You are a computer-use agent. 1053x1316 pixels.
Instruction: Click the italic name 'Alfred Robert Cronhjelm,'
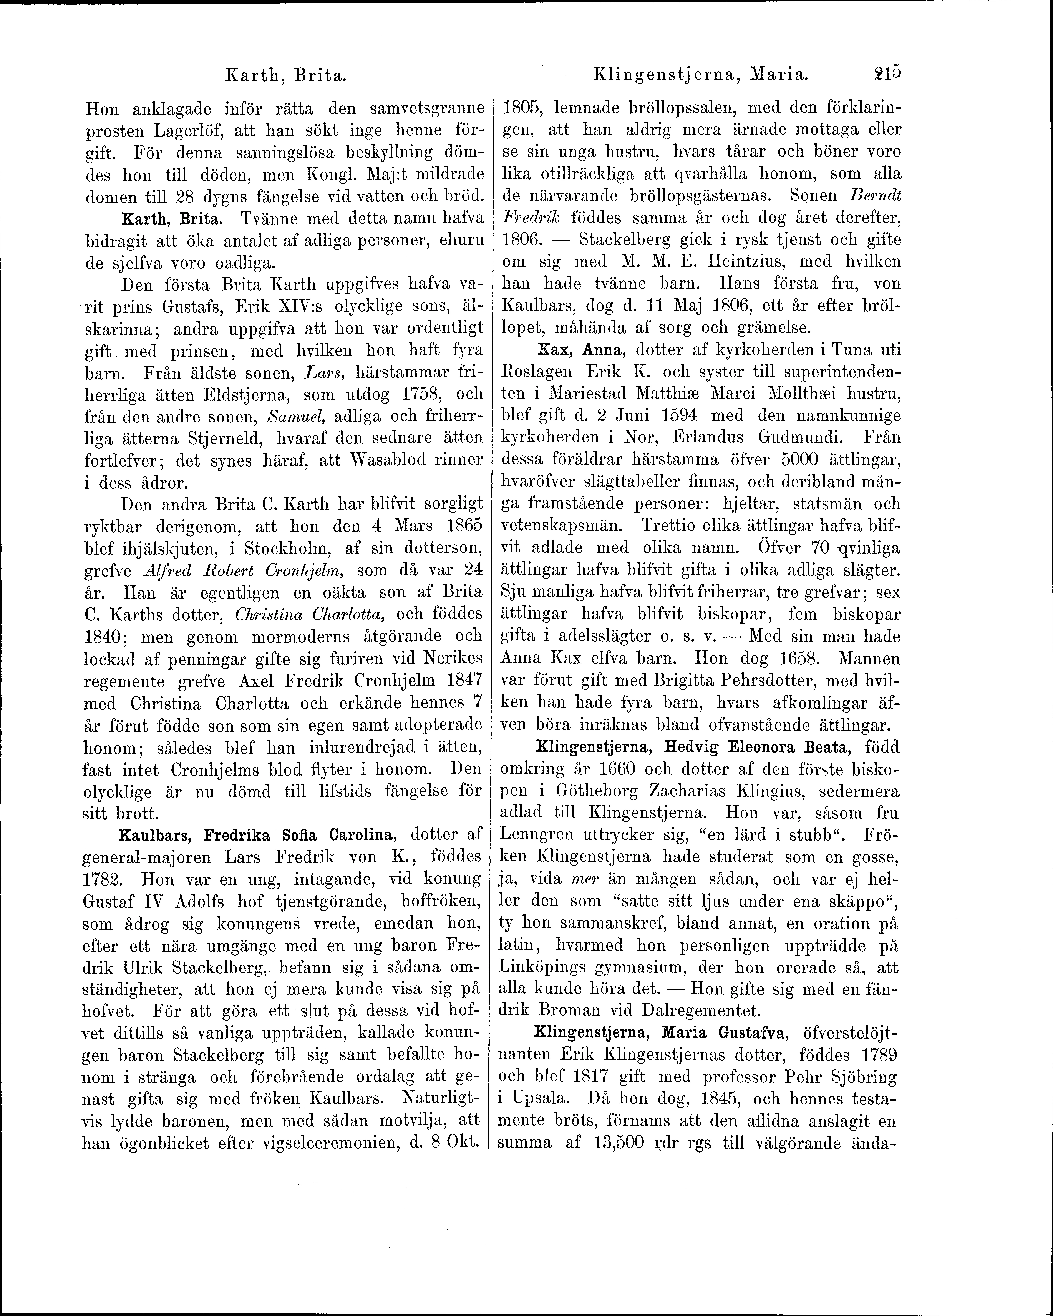(245, 570)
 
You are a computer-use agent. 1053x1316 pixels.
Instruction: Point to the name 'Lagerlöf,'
(184, 131)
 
